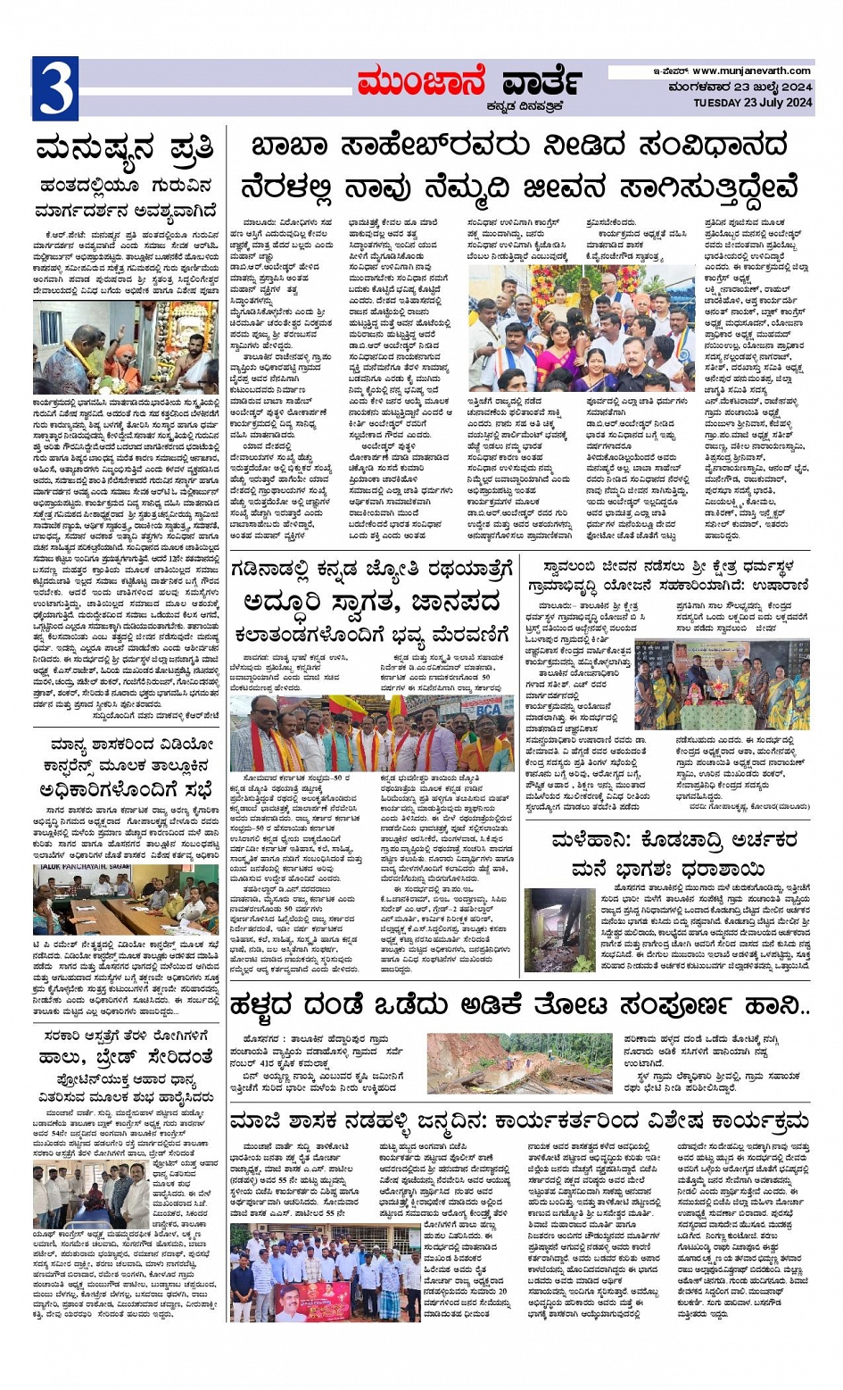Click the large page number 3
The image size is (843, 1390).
click(54, 89)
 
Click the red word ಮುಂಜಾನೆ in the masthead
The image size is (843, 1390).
click(422, 84)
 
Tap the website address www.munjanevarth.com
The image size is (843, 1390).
click(751, 71)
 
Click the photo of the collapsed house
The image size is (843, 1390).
click(559, 930)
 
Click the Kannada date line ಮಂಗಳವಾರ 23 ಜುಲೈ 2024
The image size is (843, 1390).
click(740, 87)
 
